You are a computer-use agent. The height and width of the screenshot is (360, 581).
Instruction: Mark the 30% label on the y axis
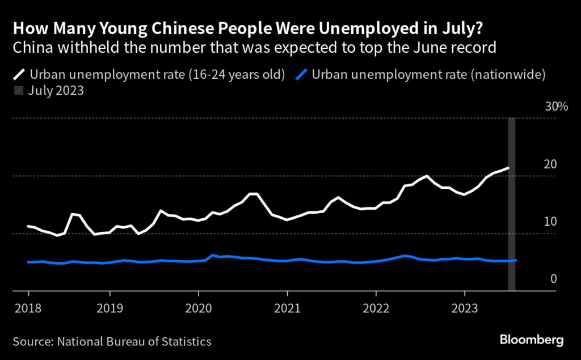click(x=556, y=107)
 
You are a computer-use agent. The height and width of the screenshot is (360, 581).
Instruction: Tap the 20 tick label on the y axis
click(x=550, y=164)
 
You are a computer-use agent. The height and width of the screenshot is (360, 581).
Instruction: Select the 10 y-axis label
click(x=550, y=222)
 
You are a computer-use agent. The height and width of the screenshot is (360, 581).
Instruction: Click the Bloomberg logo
click(x=532, y=340)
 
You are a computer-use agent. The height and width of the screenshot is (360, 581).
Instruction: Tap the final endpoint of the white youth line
click(x=508, y=168)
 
